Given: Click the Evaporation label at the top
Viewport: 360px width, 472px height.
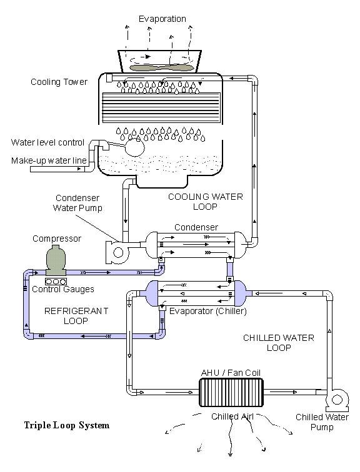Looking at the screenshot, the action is [162, 19].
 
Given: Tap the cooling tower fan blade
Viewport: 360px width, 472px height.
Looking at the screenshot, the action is [161, 67].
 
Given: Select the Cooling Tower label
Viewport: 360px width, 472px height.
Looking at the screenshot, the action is [59, 82].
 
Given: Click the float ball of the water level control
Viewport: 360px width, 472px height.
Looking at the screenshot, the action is [135, 147].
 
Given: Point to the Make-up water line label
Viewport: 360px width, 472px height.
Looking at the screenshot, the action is [49, 160].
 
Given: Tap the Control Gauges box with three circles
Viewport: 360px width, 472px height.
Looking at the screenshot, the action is [56, 282].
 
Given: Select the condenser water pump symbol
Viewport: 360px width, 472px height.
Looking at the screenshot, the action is [117, 252].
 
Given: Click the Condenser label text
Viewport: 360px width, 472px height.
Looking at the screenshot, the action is [196, 227].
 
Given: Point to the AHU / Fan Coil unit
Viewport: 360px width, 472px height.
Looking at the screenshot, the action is [231, 392].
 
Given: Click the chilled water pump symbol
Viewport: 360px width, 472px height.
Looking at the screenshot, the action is [337, 400].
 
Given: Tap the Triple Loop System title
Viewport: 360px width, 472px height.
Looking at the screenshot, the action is [67, 425].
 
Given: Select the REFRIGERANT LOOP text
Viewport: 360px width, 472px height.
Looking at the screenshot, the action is [76, 316].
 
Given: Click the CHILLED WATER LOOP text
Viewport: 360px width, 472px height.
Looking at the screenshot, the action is [279, 343].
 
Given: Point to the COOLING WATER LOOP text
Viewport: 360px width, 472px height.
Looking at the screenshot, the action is [206, 202].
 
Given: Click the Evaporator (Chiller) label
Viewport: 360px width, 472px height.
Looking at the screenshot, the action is [208, 311].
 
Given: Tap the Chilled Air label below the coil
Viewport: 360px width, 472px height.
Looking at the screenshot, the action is [232, 416].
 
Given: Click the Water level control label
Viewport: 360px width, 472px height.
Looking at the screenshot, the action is [47, 142].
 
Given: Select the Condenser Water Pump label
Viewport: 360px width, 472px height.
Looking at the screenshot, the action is [77, 203].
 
